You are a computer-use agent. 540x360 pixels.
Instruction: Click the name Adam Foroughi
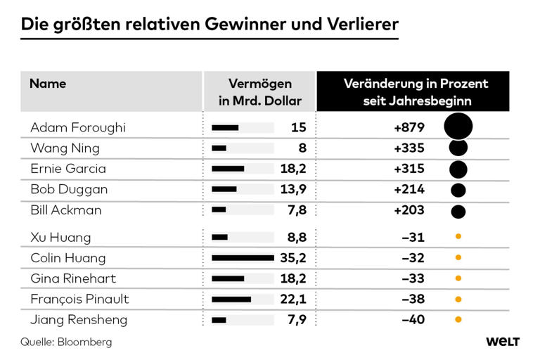click(x=77, y=127)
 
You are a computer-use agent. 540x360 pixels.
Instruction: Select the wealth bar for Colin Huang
click(x=243, y=258)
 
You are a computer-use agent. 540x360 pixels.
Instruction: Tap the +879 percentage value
click(x=409, y=127)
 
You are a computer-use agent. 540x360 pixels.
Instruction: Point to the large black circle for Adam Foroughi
click(x=458, y=127)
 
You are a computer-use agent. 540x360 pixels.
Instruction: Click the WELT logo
click(x=502, y=342)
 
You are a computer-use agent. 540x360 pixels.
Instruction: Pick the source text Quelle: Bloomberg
click(x=66, y=342)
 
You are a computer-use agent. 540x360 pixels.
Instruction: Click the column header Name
click(x=48, y=84)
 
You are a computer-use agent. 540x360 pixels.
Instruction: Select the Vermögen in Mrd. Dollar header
click(x=259, y=92)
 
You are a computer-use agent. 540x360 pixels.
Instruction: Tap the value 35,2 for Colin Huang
click(x=294, y=258)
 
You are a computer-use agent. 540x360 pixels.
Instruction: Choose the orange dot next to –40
click(x=458, y=320)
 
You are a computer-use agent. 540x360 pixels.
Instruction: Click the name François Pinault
click(x=79, y=299)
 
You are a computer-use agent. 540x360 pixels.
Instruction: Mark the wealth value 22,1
click(x=294, y=299)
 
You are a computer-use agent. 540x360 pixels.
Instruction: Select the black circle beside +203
click(x=458, y=211)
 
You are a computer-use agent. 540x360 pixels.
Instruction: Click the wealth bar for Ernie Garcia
click(x=228, y=169)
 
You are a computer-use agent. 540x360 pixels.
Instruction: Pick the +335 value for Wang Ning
click(x=409, y=148)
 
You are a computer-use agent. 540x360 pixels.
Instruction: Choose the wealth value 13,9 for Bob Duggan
click(x=294, y=189)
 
